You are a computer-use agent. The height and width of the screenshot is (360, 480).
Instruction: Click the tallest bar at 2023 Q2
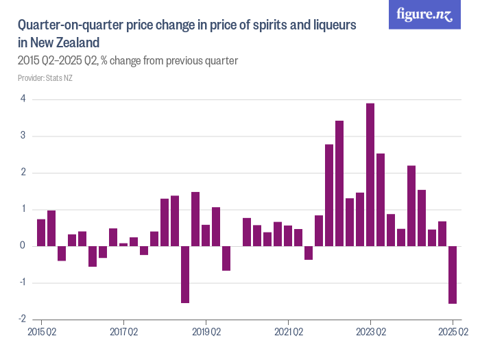point(370,174)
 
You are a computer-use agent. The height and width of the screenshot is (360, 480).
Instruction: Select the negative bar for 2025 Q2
point(453,274)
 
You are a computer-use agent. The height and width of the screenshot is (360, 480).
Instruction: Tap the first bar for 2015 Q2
point(41,232)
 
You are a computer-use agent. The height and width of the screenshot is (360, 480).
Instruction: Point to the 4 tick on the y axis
point(23,99)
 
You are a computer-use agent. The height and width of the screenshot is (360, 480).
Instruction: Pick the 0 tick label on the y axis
point(23,245)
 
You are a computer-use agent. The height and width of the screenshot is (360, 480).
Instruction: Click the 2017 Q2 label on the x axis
point(123,332)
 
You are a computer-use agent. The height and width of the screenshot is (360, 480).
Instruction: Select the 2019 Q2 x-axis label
point(206,332)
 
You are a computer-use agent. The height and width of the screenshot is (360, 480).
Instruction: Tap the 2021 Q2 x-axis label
point(288,332)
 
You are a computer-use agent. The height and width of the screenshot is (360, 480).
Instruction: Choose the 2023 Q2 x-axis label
point(370,332)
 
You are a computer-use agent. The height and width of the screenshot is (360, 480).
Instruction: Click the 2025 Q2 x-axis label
point(453,332)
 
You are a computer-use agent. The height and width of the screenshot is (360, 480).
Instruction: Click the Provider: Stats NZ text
point(45,78)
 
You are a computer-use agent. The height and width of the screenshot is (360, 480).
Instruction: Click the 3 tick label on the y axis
point(23,136)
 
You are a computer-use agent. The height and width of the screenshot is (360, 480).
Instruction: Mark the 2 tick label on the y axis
point(23,173)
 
